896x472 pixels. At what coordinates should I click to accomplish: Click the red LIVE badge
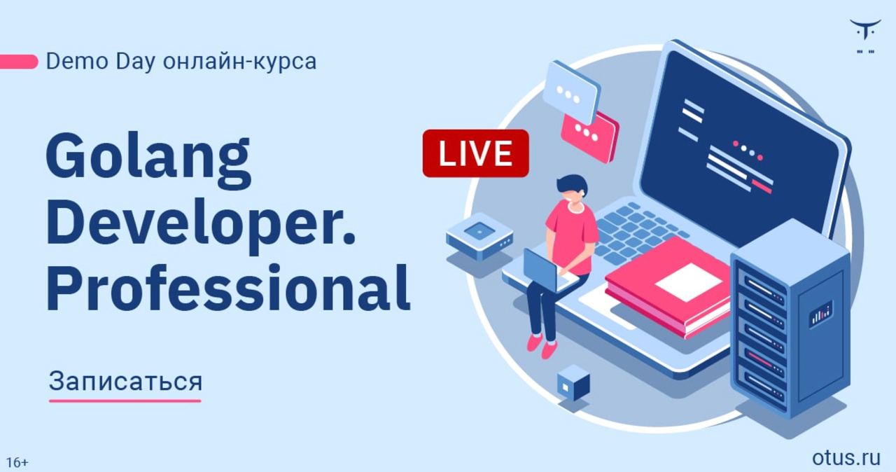[x=475, y=153]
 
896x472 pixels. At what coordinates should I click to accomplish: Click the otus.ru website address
[x=846, y=457]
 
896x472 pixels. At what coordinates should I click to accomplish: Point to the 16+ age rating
[x=17, y=462]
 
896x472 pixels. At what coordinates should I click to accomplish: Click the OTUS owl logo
[x=865, y=36]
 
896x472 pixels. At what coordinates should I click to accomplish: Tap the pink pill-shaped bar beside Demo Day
[x=19, y=62]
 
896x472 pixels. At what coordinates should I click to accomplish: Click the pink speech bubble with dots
[x=589, y=136]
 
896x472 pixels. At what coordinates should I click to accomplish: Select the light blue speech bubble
[x=570, y=93]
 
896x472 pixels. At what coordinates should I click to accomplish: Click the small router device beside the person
[x=479, y=237]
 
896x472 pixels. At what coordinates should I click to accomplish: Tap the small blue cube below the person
[x=573, y=383]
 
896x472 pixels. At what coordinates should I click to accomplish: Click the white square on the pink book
[x=688, y=282]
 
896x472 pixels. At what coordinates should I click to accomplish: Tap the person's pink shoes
[x=542, y=347]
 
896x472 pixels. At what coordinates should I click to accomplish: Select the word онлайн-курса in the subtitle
[x=239, y=61]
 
